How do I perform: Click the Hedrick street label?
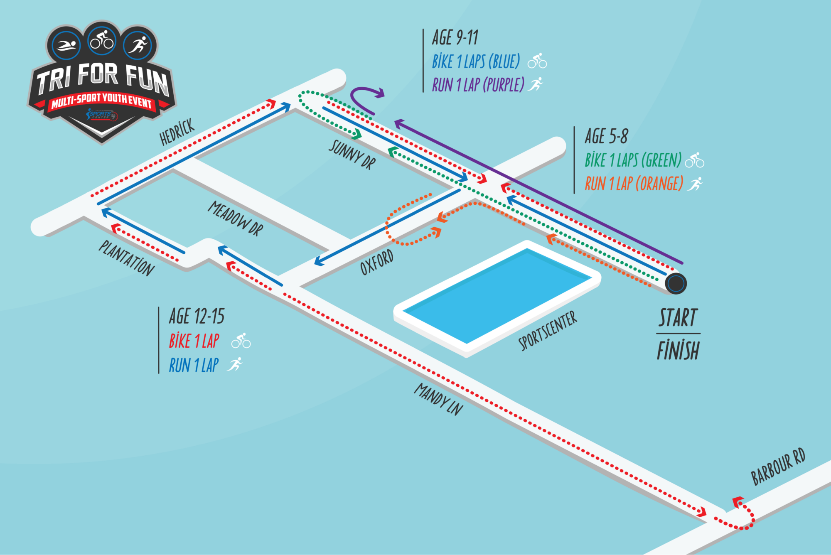[x=177, y=132]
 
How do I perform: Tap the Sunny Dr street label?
[x=352, y=155]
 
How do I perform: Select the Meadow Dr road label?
[x=236, y=219]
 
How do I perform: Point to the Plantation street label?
[x=126, y=258]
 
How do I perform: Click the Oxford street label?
[x=376, y=262]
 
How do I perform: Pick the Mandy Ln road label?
[x=439, y=399]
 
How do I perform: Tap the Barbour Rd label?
[x=778, y=467]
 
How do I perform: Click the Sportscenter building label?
[x=548, y=331]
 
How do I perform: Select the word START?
[x=678, y=318]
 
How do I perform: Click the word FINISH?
[x=678, y=350]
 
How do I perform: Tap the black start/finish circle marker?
[x=676, y=283]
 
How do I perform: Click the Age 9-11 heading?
[x=455, y=38]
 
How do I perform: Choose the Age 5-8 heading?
[x=606, y=136]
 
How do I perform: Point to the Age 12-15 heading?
[x=197, y=317]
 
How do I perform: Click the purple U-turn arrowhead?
[x=380, y=93]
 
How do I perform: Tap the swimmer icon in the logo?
[x=66, y=45]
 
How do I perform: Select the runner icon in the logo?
[x=138, y=44]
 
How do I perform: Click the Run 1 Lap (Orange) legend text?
[x=634, y=184]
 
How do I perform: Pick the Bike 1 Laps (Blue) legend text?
[x=476, y=62]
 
